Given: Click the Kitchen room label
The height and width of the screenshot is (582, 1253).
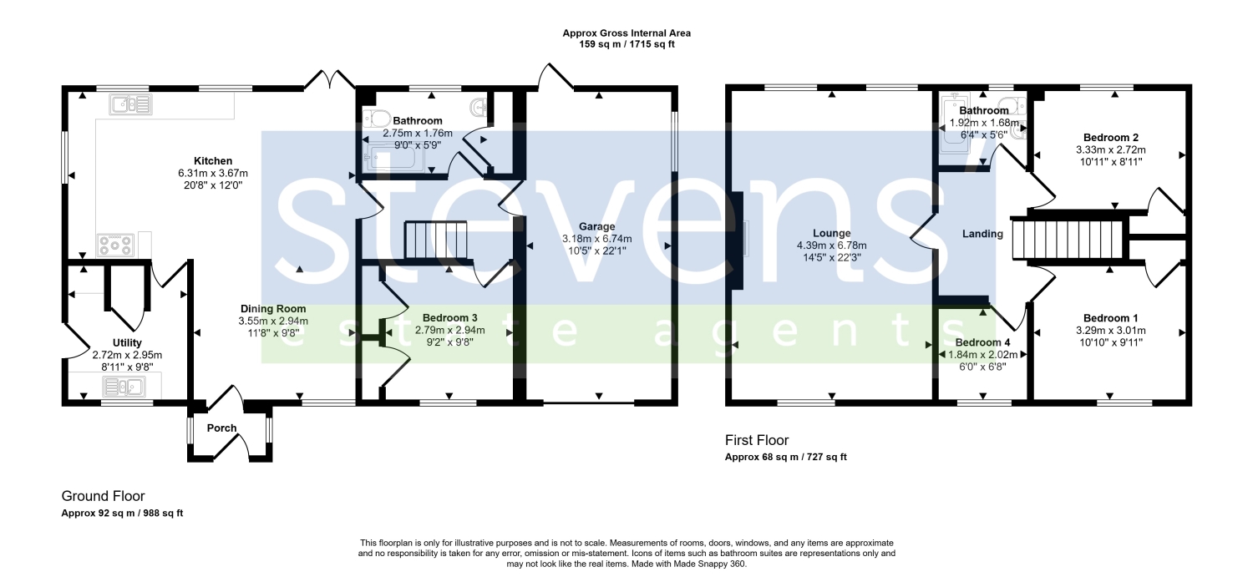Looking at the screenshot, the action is pos(212,161).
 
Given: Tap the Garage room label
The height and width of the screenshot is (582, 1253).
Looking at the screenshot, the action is pos(597,226).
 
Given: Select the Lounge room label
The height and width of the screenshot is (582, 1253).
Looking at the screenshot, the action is pos(832,233).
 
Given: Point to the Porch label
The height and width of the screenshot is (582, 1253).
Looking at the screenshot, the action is pos(221,428).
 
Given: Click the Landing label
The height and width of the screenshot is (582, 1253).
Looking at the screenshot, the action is pos(982,234).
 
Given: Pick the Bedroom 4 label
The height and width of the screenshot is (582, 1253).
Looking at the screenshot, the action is pos(982,342).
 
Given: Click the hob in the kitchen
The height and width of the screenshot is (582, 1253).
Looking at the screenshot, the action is pos(116,245).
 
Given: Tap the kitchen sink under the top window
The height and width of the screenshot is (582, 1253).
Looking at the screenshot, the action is pos(131,104).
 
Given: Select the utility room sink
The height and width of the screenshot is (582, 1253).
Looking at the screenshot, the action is pos(124,387).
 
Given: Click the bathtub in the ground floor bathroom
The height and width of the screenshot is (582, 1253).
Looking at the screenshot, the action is pos(392,157).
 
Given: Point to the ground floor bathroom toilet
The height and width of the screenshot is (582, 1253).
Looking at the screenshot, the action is pos(377,119).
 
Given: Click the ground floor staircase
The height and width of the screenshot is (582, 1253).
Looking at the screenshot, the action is pos(436,240).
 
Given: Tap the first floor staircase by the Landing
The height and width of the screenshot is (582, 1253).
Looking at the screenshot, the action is pos(1068,240).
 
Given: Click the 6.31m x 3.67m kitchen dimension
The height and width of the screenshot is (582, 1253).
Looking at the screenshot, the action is pos(212,174).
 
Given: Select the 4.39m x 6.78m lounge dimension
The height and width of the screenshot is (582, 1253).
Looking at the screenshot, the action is pos(832,245).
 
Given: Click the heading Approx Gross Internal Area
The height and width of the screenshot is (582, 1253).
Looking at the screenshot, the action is pos(626,33).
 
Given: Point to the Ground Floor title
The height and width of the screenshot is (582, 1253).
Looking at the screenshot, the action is pos(103,496).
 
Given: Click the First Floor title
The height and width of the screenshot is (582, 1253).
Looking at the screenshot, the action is pos(757,440).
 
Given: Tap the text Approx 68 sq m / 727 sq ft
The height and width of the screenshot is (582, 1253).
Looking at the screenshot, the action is pos(786,457).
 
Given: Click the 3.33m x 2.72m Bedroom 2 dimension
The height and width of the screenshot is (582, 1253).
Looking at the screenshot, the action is pos(1110,149).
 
